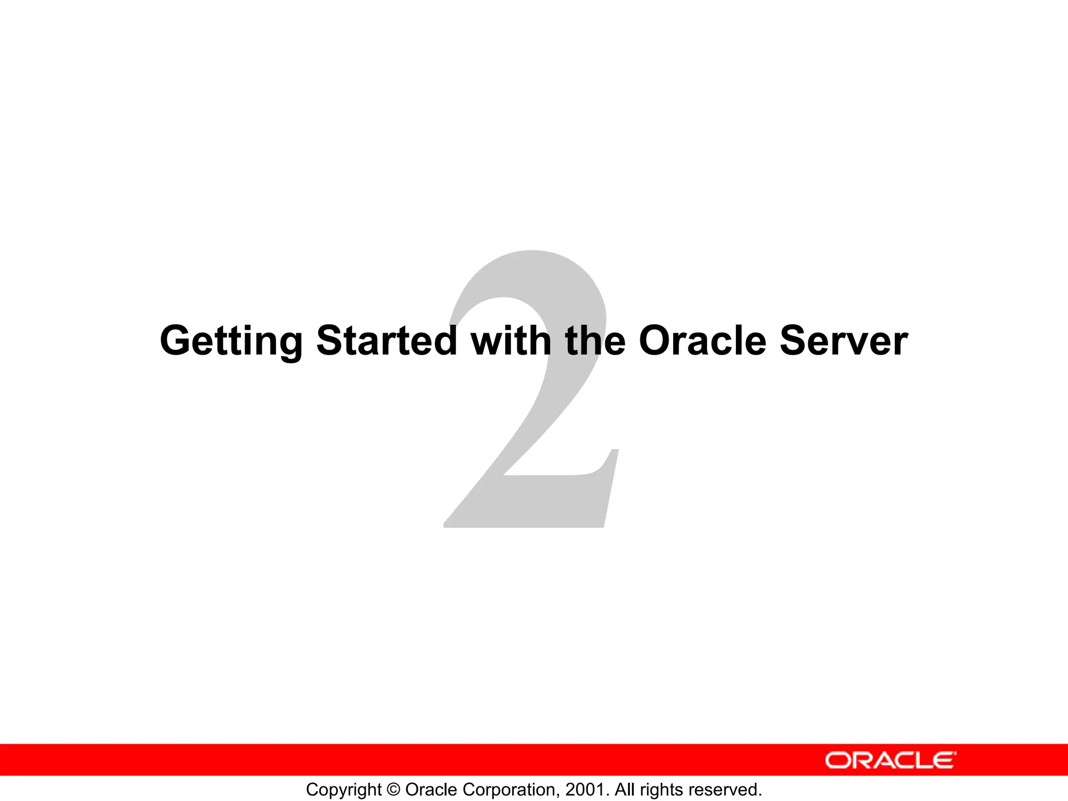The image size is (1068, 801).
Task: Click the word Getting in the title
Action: (x=231, y=342)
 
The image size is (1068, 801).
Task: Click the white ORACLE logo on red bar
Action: (x=890, y=760)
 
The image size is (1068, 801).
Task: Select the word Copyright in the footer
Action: (x=344, y=790)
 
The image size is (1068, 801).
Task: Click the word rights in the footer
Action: (x=661, y=790)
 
